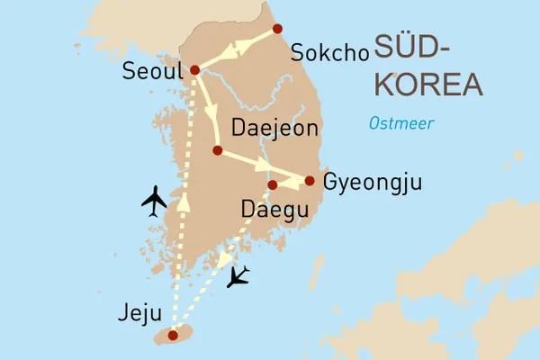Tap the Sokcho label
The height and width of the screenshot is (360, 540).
[x=330, y=53]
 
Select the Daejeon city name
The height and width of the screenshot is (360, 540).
[x=275, y=128]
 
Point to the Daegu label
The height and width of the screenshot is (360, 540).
[x=275, y=211]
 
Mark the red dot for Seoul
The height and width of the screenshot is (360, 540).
[x=194, y=69]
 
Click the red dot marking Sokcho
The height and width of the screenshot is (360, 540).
[x=277, y=28]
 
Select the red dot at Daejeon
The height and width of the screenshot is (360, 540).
[x=217, y=150]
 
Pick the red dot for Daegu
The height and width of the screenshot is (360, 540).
[x=272, y=185]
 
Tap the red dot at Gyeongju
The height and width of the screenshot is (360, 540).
[x=310, y=181]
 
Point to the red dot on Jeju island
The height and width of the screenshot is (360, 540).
[x=172, y=335]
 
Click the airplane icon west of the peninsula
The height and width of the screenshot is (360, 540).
[x=156, y=201]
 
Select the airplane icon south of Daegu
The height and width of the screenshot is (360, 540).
[x=238, y=276]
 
